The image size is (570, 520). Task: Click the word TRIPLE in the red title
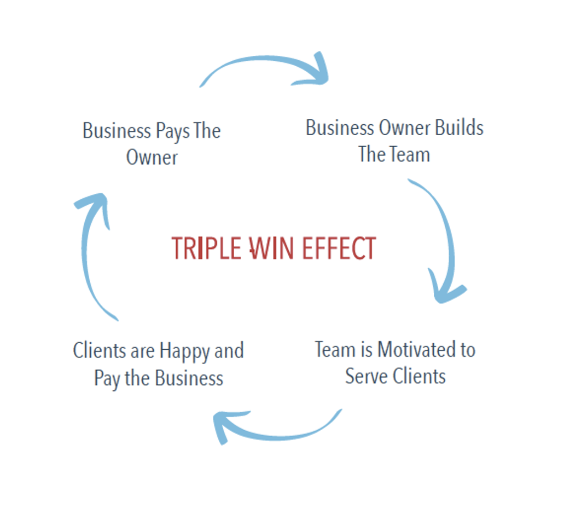click(206, 249)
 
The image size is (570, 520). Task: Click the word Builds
click(459, 128)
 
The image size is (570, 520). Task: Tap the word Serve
click(364, 377)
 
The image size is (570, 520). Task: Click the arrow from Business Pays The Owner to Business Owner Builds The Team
click(268, 70)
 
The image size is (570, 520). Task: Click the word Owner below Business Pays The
click(152, 158)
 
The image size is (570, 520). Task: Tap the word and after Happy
click(229, 350)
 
